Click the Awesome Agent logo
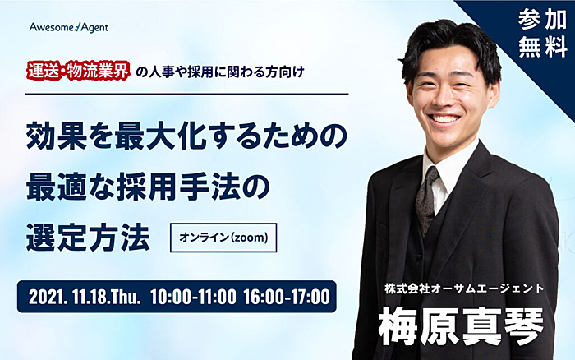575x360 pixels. [x=69, y=27]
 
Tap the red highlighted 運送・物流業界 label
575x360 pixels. [x=78, y=71]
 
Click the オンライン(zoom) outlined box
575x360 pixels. [x=223, y=238]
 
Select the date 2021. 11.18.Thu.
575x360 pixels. [x=85, y=297]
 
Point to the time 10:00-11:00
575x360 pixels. [x=193, y=297]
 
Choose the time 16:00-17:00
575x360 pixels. [x=287, y=297]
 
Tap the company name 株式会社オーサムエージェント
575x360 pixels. [x=464, y=288]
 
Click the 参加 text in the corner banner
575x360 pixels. [x=542, y=20]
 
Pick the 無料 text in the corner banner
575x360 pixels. [x=542, y=47]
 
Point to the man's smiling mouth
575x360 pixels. [x=444, y=118]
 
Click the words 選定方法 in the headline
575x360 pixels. [x=88, y=238]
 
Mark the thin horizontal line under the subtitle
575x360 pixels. [x=186, y=95]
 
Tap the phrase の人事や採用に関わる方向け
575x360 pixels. [x=219, y=72]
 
